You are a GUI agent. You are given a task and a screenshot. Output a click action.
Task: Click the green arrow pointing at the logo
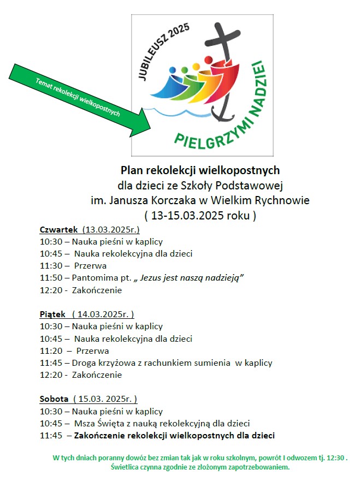click(x=82, y=99)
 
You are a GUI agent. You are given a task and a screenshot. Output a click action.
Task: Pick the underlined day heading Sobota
click(x=54, y=399)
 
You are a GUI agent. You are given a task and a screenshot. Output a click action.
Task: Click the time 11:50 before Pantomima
click(x=51, y=278)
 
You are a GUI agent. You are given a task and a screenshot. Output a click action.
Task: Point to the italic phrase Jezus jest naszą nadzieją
click(x=191, y=278)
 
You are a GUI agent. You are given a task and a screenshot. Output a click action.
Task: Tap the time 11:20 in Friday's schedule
click(x=51, y=351)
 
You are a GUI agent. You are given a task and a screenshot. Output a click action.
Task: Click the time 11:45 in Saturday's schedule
click(x=51, y=435)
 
